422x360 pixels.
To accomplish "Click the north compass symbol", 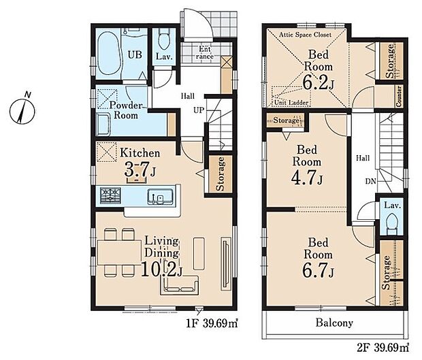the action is [22, 111].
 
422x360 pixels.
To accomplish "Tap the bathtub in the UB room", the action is [108, 54].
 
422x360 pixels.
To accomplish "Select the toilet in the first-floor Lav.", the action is [164, 39].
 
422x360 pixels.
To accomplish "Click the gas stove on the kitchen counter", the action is [110, 195].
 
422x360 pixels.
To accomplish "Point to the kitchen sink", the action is [160, 197].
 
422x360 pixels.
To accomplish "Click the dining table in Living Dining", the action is [119, 252].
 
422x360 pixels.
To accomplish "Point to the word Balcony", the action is [334, 323].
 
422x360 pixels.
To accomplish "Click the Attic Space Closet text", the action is [305, 35].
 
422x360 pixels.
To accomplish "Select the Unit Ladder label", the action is [291, 103].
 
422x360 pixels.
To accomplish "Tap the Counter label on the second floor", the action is [399, 96].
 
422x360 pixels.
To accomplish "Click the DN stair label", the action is [370, 181].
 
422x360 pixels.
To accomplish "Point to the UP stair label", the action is [199, 110].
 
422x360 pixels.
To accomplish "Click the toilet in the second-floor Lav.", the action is [392, 223].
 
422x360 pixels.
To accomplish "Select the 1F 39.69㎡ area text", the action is [212, 323].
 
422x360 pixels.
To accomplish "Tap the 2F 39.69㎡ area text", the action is [383, 348].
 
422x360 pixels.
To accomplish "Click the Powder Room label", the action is [126, 110].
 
